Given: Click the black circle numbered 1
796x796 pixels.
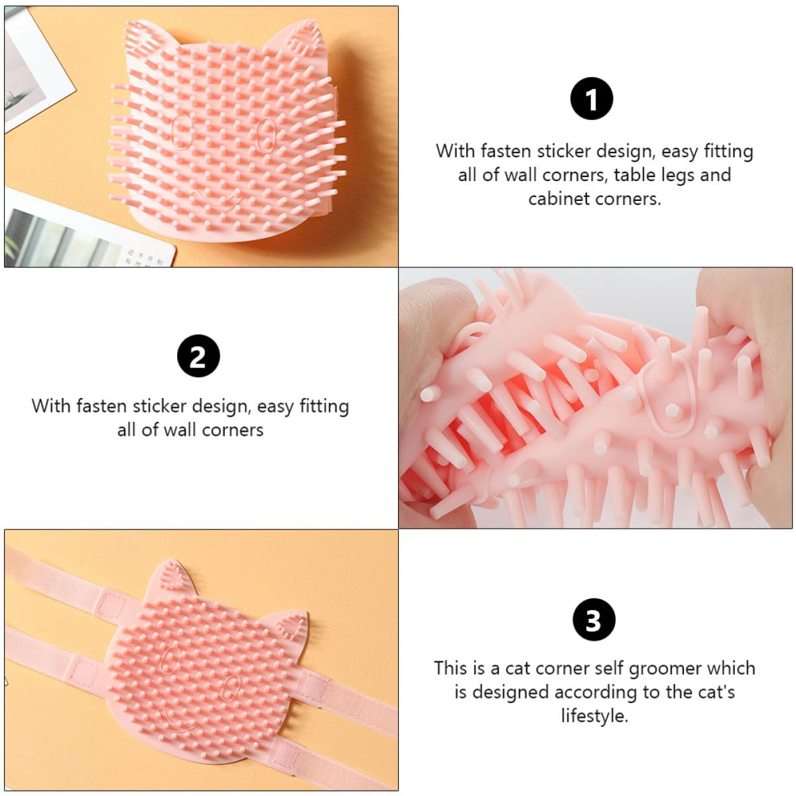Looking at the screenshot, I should (x=592, y=99).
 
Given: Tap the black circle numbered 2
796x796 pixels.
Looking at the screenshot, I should (x=198, y=356).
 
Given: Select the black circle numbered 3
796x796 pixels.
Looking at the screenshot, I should (x=593, y=620).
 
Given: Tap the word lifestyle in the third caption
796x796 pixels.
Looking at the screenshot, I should (x=594, y=716).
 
